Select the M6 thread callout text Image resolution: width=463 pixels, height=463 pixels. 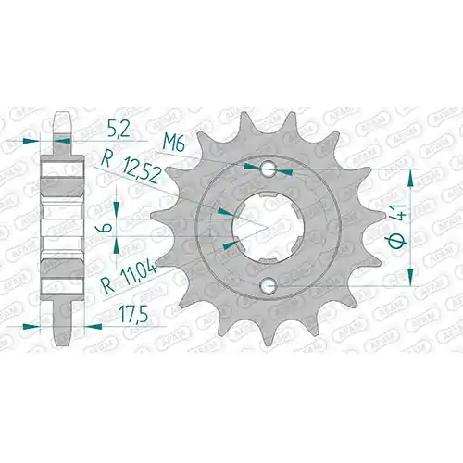[x=174, y=144]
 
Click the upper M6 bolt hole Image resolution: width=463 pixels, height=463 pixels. [x=268, y=169]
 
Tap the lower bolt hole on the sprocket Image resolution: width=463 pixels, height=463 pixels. [x=268, y=285]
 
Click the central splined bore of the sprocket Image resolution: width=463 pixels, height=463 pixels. [x=268, y=228]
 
